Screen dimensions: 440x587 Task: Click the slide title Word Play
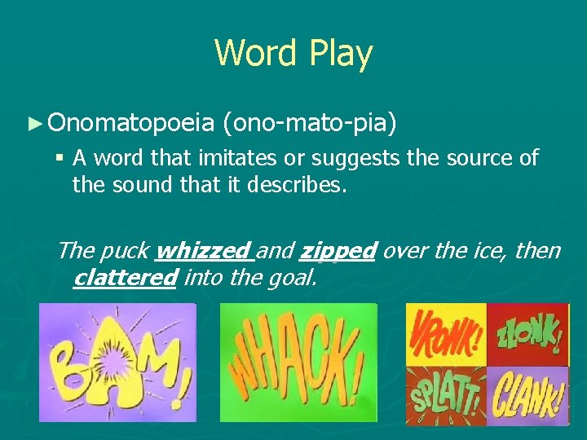click(293, 54)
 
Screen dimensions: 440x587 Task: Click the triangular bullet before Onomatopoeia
click(33, 123)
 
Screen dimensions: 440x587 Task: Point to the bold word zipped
click(338, 250)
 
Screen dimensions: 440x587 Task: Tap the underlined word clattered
click(124, 278)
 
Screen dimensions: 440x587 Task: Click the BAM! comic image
click(117, 363)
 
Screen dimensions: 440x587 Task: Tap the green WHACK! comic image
click(298, 363)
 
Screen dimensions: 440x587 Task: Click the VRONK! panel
click(446, 334)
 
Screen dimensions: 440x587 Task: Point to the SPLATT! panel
click(446, 395)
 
